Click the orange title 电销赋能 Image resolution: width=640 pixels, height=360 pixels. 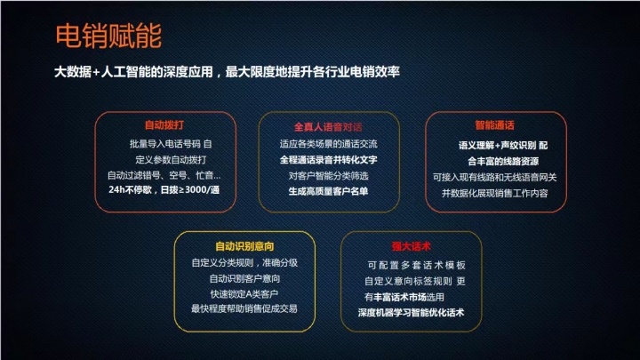[x=108, y=36]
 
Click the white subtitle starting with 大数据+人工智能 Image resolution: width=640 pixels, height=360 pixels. [x=227, y=72]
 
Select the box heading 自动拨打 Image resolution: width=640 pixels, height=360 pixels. [x=164, y=125]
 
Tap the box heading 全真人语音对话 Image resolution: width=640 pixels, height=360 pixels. [x=328, y=127]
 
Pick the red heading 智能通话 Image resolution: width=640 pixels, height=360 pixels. [x=495, y=125]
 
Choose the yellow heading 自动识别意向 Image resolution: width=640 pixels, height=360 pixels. [x=244, y=246]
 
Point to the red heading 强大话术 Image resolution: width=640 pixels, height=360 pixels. [x=411, y=246]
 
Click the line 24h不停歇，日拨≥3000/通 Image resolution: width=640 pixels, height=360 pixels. [x=164, y=190]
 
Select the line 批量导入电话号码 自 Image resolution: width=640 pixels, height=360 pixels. [x=171, y=144]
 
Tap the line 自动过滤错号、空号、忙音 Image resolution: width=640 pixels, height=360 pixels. [x=164, y=175]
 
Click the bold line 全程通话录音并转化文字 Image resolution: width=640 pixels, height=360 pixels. [x=329, y=160]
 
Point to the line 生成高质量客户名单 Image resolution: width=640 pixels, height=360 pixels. [x=329, y=191]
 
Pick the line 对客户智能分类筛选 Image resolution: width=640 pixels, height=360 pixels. [x=329, y=175]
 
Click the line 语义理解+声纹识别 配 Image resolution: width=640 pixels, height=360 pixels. [x=503, y=145]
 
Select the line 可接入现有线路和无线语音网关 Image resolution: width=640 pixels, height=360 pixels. [x=495, y=177]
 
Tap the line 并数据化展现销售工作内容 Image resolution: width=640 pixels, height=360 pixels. [x=495, y=193]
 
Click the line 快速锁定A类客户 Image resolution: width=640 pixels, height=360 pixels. [x=244, y=294]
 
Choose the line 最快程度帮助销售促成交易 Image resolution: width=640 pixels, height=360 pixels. [x=244, y=308]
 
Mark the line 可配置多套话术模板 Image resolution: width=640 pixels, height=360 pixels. [x=416, y=265]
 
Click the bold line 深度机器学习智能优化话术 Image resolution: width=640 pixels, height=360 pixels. [x=411, y=313]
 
